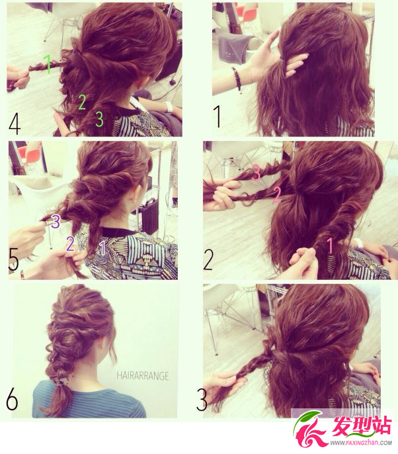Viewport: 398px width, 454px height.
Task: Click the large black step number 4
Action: tap(15, 124)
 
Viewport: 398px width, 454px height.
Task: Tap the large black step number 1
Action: tap(218, 116)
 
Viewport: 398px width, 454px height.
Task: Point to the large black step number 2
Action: tap(208, 259)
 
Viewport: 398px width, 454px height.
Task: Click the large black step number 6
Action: tap(12, 398)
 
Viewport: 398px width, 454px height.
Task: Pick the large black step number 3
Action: tap(202, 400)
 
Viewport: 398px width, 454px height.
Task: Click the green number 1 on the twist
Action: tap(48, 64)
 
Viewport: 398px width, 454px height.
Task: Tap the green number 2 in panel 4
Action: tap(82, 102)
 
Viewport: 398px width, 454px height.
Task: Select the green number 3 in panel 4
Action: tap(99, 118)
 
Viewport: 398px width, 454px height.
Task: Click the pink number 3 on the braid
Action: tap(256, 172)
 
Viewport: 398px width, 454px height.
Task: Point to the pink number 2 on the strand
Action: tap(277, 195)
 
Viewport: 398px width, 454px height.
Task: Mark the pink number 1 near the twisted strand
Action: tap(330, 246)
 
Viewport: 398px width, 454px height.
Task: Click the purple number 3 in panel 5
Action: tap(56, 221)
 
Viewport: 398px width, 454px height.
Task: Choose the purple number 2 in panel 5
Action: tap(70, 244)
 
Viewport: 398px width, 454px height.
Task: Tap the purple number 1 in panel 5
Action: tap(102, 248)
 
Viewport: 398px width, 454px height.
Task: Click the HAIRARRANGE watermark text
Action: tap(143, 376)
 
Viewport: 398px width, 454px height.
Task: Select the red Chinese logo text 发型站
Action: tap(362, 426)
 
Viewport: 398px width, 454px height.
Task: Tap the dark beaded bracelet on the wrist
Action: tap(238, 79)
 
